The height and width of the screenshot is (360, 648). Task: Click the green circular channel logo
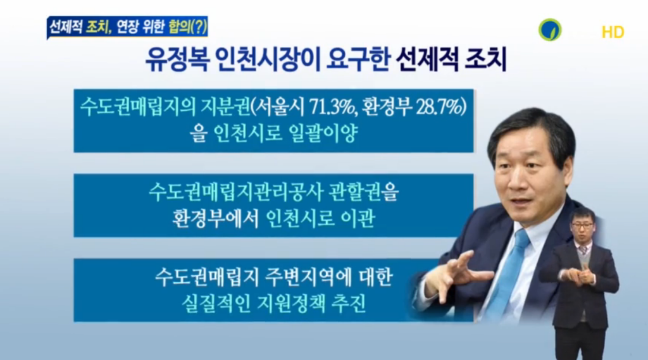(x=550, y=30)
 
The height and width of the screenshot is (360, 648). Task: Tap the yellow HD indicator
(x=613, y=32)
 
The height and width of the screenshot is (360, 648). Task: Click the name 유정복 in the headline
(x=177, y=60)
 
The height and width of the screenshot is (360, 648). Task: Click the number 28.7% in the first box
(x=440, y=108)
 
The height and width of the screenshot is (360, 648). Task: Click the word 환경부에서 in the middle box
(x=215, y=219)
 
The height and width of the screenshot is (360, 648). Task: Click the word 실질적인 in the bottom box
(x=216, y=304)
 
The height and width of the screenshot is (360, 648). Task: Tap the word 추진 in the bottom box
(x=349, y=304)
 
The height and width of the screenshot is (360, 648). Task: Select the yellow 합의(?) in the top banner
(x=187, y=28)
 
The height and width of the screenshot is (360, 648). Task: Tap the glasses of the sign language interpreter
(x=582, y=226)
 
